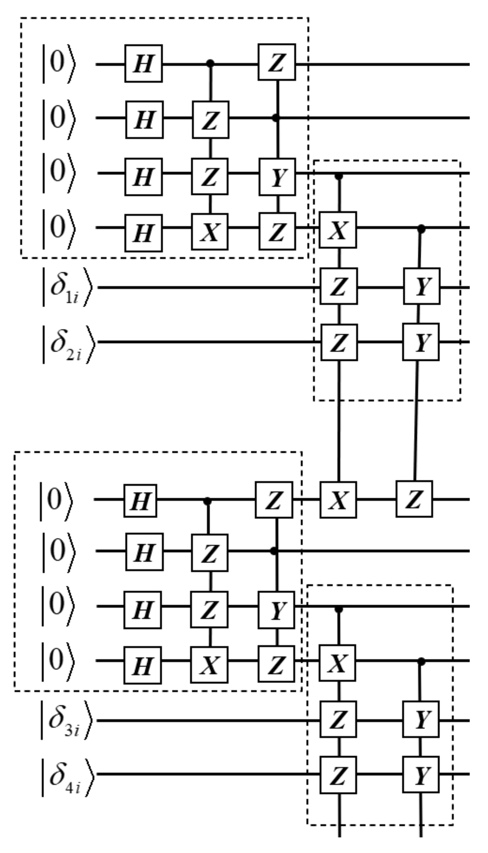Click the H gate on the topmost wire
pos(144,63)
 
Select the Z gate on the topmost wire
pos(277,62)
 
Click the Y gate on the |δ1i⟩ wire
pos(422,286)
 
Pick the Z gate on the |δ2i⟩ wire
pos(339,342)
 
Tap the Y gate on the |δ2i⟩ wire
pos(421,342)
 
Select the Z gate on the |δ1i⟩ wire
pos(339,286)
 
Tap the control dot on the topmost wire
pos(210,63)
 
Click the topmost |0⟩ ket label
pos(59,63)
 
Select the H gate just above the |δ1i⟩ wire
pos(144,233)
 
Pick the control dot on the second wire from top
pos(276,118)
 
